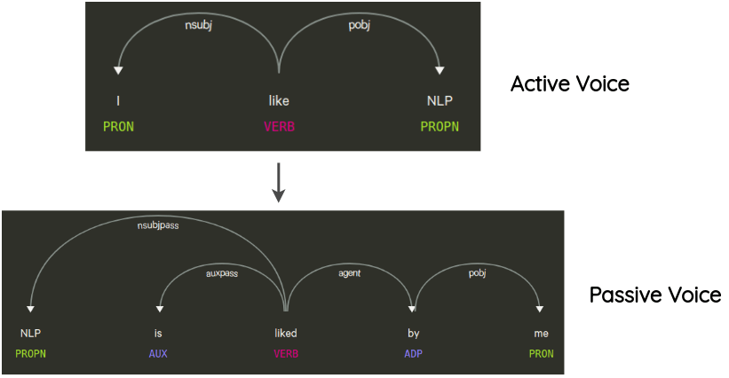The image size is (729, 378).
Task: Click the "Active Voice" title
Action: (569, 84)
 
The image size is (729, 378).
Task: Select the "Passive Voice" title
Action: (655, 295)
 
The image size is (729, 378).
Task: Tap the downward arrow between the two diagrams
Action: (278, 182)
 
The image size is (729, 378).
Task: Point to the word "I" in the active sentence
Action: (118, 101)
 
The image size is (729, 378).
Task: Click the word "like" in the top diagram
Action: (279, 101)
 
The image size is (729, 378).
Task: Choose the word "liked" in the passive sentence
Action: (285, 334)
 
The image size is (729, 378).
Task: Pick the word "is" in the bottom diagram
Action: (159, 334)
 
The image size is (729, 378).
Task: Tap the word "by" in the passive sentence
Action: (413, 334)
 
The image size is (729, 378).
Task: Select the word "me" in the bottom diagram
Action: (540, 334)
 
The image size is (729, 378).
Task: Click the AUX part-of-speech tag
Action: (159, 353)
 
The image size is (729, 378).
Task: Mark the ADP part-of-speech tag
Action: (413, 353)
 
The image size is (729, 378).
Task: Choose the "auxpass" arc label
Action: (223, 274)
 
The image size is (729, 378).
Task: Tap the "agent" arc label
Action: (349, 274)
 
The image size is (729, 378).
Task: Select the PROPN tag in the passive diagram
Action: (31, 353)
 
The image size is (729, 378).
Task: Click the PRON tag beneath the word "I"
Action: (118, 126)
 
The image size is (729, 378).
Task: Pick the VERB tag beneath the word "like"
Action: (279, 126)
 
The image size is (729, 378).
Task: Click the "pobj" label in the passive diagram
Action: (477, 274)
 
